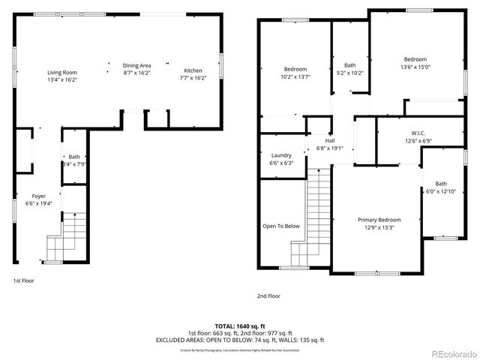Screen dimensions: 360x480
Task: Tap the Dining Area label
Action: pyautogui.click(x=136, y=65)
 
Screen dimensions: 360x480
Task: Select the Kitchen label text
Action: pyautogui.click(x=192, y=70)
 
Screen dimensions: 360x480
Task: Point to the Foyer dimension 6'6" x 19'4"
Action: pyautogui.click(x=38, y=203)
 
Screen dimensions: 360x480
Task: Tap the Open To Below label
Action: pyautogui.click(x=281, y=226)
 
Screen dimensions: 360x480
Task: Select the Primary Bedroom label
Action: pyautogui.click(x=379, y=220)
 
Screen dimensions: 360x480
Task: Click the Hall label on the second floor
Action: pyautogui.click(x=329, y=140)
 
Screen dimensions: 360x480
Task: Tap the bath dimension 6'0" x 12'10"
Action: pyautogui.click(x=440, y=191)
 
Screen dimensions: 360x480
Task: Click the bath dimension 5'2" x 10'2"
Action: pyautogui.click(x=349, y=73)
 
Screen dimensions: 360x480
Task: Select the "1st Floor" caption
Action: pyautogui.click(x=22, y=280)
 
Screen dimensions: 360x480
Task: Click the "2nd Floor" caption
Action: pyautogui.click(x=268, y=295)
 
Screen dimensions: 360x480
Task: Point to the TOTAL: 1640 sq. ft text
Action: pyautogui.click(x=251, y=326)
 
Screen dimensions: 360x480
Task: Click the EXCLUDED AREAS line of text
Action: pyautogui.click(x=251, y=340)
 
